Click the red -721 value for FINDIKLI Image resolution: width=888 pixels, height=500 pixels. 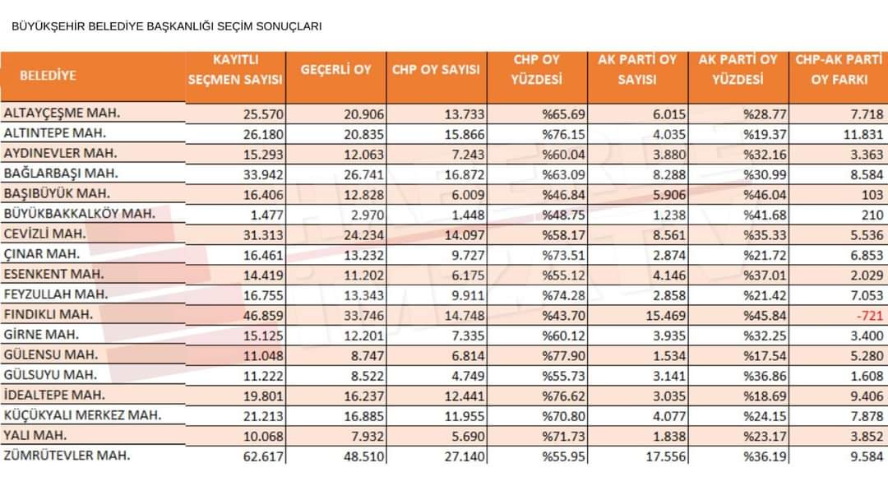pos(869,316)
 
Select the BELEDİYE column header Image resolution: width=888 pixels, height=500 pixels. pos(49,76)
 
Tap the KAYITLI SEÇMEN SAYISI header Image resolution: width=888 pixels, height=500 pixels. pos(235,70)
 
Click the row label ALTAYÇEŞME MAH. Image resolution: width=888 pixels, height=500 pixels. pos(62,113)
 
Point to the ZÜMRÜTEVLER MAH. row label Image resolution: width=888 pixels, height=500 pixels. pos(67,456)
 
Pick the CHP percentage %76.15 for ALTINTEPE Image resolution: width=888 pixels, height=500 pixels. pos(563,134)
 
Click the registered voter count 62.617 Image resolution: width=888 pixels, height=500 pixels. pos(263,456)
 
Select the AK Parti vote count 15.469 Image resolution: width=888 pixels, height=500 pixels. pos(665,316)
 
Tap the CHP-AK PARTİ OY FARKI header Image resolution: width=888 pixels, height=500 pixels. pos(839,70)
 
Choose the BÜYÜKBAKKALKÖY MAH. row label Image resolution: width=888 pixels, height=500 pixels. pos(79,214)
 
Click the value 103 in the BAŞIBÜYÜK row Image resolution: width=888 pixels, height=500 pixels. pos(872,195)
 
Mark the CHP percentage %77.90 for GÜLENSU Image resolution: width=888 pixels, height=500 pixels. pos(563,355)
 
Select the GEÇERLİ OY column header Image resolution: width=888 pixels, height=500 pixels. pos(335,70)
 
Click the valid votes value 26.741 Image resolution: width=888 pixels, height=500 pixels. pos(363,174)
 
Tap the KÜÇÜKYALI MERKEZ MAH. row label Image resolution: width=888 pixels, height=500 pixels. pos(83,415)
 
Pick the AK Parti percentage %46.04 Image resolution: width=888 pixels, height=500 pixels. pos(765,195)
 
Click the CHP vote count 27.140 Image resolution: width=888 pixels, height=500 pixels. pos(465,456)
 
